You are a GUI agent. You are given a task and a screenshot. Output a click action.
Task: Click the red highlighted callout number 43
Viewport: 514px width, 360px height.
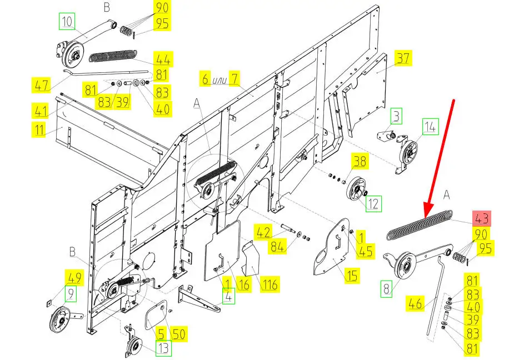click(x=481, y=218)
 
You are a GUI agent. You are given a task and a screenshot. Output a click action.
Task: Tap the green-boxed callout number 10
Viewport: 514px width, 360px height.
click(x=67, y=22)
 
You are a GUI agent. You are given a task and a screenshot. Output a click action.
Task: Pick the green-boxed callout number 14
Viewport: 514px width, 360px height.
click(x=430, y=127)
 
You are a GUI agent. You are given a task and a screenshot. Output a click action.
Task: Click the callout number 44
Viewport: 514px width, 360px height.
click(x=163, y=58)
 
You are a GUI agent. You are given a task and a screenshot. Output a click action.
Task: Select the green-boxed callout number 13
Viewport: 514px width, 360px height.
click(x=163, y=348)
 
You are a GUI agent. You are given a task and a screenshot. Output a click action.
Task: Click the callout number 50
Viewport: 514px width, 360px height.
click(x=178, y=334)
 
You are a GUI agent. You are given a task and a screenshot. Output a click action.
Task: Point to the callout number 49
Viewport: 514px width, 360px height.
click(x=73, y=277)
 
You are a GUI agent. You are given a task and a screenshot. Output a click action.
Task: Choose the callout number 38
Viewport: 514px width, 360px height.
click(x=360, y=162)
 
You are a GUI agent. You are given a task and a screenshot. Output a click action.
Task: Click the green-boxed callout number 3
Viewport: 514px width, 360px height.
click(x=396, y=117)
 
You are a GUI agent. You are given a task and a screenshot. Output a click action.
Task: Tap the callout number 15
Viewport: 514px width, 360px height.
click(x=351, y=276)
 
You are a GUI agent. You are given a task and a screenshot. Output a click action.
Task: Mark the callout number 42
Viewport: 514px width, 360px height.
click(x=263, y=231)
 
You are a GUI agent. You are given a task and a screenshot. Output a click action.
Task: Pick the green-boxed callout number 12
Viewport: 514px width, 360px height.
click(x=373, y=204)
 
